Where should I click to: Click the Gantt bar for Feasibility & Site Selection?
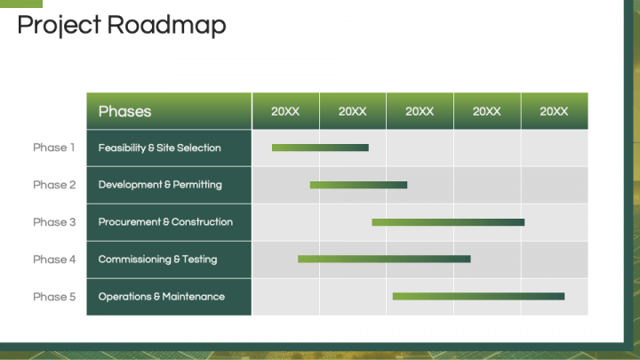(x=320, y=148)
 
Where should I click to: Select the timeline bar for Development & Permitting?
(x=358, y=185)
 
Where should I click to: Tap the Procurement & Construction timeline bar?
(x=448, y=222)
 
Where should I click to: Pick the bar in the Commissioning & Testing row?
(x=384, y=260)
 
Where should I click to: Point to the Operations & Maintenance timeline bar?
(x=478, y=296)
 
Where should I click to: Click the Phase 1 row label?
(x=54, y=148)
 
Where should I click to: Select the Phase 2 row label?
(x=54, y=185)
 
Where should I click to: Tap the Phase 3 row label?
(x=54, y=222)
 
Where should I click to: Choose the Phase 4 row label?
(x=54, y=260)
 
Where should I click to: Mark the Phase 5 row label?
(x=54, y=297)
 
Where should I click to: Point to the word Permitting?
(x=197, y=185)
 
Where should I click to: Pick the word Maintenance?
(x=193, y=297)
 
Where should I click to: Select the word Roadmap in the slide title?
(x=166, y=26)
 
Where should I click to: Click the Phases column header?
(x=124, y=111)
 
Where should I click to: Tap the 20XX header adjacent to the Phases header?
(x=285, y=111)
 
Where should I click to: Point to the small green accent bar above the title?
(x=21, y=4)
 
